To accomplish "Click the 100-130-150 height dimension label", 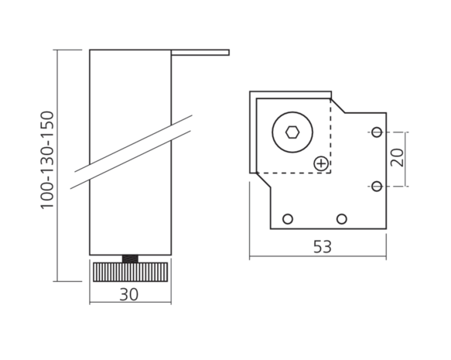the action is pos(47,159).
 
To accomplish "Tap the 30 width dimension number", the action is pos(129,294).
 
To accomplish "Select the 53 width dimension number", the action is pos(322,247).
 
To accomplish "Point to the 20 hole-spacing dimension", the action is pos(397,157).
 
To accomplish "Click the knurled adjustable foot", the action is pos(130,272).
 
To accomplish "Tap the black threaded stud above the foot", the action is pos(130,259).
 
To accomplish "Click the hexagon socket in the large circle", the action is pos(292,132).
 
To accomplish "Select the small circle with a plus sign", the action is pos(321,163).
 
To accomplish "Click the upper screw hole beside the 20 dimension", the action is pos(377,132).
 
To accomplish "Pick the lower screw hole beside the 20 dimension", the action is pos(377,186).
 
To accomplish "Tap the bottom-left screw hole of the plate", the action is pos(288,219).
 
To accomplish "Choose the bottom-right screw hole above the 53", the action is pos(341,219).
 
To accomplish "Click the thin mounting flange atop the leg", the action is pos(200,53).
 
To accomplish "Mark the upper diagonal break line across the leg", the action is pos(134,143).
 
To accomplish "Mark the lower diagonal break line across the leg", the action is pos(131,159).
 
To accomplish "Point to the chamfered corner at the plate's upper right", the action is pos(338,105).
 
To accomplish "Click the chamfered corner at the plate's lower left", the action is pos(263,180).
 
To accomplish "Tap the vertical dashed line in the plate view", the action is pos(331,135).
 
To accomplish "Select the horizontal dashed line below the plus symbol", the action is pos(293,173).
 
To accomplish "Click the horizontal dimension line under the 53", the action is pos(318,255).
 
